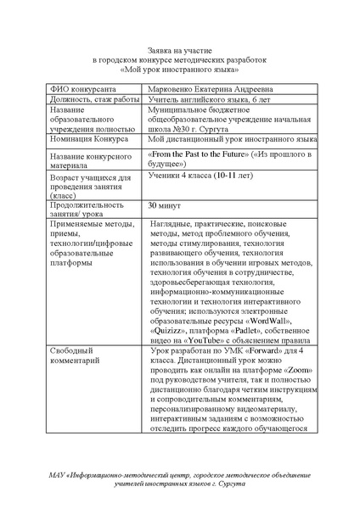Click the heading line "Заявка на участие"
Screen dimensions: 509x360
click(x=179, y=51)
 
